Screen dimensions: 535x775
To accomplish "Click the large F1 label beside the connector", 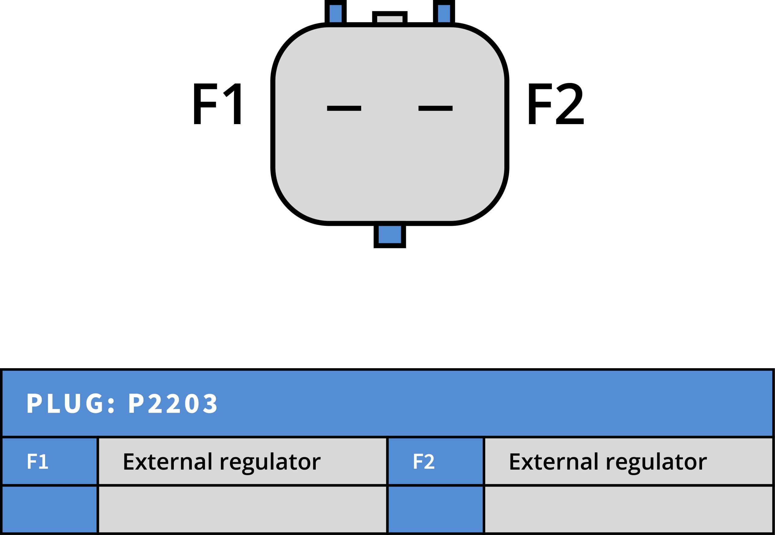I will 217,104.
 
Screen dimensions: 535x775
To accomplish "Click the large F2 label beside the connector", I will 556,104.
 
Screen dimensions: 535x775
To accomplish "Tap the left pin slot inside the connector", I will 344,108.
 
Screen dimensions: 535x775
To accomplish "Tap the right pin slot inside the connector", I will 435,108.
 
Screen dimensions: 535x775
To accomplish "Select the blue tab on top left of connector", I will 335,13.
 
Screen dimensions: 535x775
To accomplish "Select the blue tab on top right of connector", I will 444,13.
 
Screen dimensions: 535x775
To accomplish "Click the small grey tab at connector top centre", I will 390,18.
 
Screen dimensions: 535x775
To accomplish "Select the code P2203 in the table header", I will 173,403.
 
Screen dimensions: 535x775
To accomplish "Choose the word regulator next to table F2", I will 656,463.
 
